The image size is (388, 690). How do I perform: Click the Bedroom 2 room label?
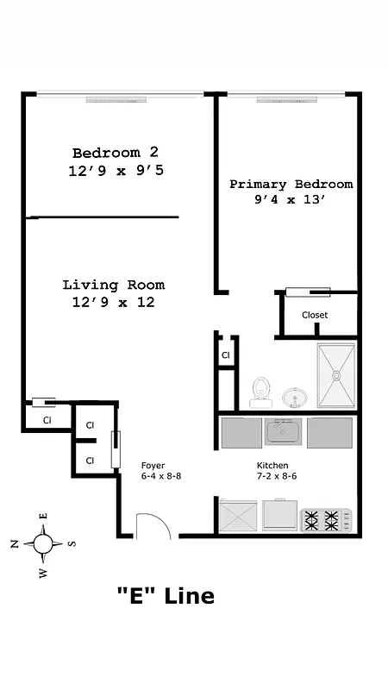116,152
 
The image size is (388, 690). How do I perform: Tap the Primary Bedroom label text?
290,184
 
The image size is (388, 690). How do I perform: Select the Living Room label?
113,285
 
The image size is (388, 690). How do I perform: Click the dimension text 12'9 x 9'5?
116,171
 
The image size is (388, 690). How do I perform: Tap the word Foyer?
153,466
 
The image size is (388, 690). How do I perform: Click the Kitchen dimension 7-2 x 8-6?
276,475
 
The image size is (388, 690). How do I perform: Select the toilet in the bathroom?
260,393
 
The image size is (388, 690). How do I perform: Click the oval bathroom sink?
295,398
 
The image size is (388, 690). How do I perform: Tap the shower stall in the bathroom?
335,376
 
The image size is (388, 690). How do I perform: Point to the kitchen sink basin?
279,431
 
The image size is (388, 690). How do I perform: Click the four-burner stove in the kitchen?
326,519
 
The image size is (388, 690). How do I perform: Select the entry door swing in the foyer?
153,526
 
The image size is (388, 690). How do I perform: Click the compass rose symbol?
43,543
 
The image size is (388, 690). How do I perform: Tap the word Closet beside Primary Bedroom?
315,315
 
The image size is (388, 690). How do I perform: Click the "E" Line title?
165,595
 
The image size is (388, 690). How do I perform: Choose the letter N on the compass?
14,543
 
